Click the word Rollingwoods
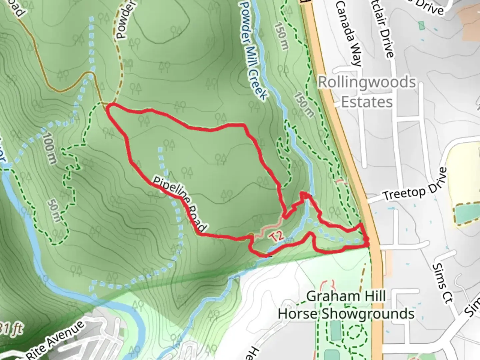tap(367, 82)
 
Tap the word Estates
tap(367, 102)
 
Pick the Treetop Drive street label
tap(415, 185)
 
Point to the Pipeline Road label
tap(180, 203)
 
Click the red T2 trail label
tap(277, 236)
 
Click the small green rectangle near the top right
tap(422, 26)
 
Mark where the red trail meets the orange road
tap(369, 244)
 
